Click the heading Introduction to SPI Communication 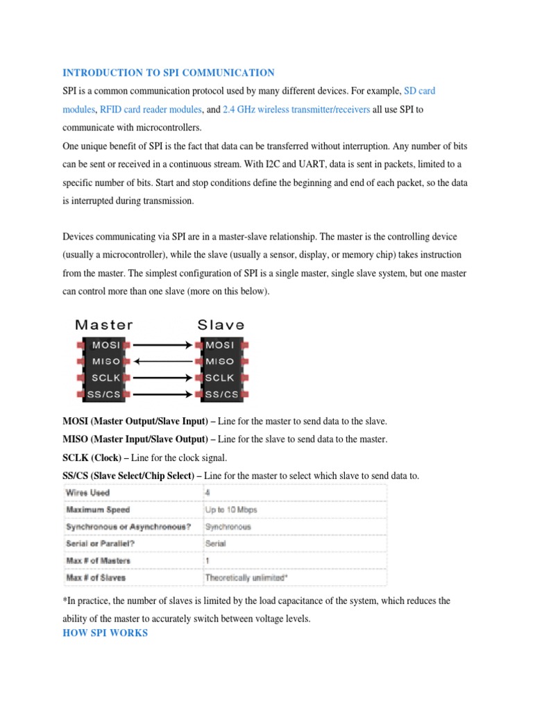click(x=169, y=73)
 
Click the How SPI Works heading click(x=105, y=633)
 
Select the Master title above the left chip click(x=104, y=324)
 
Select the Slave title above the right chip click(x=221, y=324)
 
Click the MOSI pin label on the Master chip click(x=106, y=344)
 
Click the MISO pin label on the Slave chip click(x=220, y=361)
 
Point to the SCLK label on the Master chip click(x=106, y=378)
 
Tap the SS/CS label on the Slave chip click(x=221, y=394)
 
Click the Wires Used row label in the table click(x=87, y=493)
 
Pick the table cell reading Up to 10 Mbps click(x=231, y=510)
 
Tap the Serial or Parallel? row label click(x=98, y=544)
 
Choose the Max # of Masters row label click(x=98, y=560)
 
